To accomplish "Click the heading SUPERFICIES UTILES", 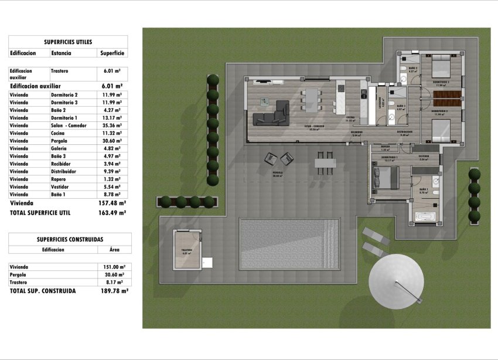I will click(x=68, y=42).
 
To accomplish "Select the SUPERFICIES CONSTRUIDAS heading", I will click(x=70, y=239).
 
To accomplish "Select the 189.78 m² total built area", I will click(x=112, y=290).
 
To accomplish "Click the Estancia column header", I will click(x=62, y=53).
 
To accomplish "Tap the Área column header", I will click(x=114, y=249).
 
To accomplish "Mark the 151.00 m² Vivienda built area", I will click(x=112, y=267).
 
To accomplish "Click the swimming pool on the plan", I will click(x=289, y=244).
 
